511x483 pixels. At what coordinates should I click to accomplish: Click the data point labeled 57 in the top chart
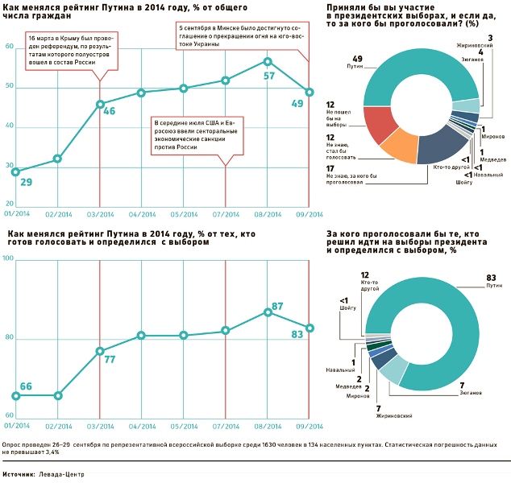tap(268, 61)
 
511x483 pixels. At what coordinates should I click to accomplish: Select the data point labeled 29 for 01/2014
tap(16, 171)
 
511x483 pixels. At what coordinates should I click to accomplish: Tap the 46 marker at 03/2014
tap(100, 104)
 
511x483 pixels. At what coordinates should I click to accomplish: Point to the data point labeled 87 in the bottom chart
tap(268, 312)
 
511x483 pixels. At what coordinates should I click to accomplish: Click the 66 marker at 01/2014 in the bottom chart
tap(16, 395)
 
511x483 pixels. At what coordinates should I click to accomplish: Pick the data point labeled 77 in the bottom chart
tap(100, 351)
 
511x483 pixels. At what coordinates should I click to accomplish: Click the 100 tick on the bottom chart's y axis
tap(9, 258)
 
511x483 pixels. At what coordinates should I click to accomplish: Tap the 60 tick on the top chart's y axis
tap(9, 47)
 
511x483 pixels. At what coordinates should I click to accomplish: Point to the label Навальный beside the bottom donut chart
tap(343, 370)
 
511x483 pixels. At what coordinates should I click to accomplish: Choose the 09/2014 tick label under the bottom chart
tap(309, 424)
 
